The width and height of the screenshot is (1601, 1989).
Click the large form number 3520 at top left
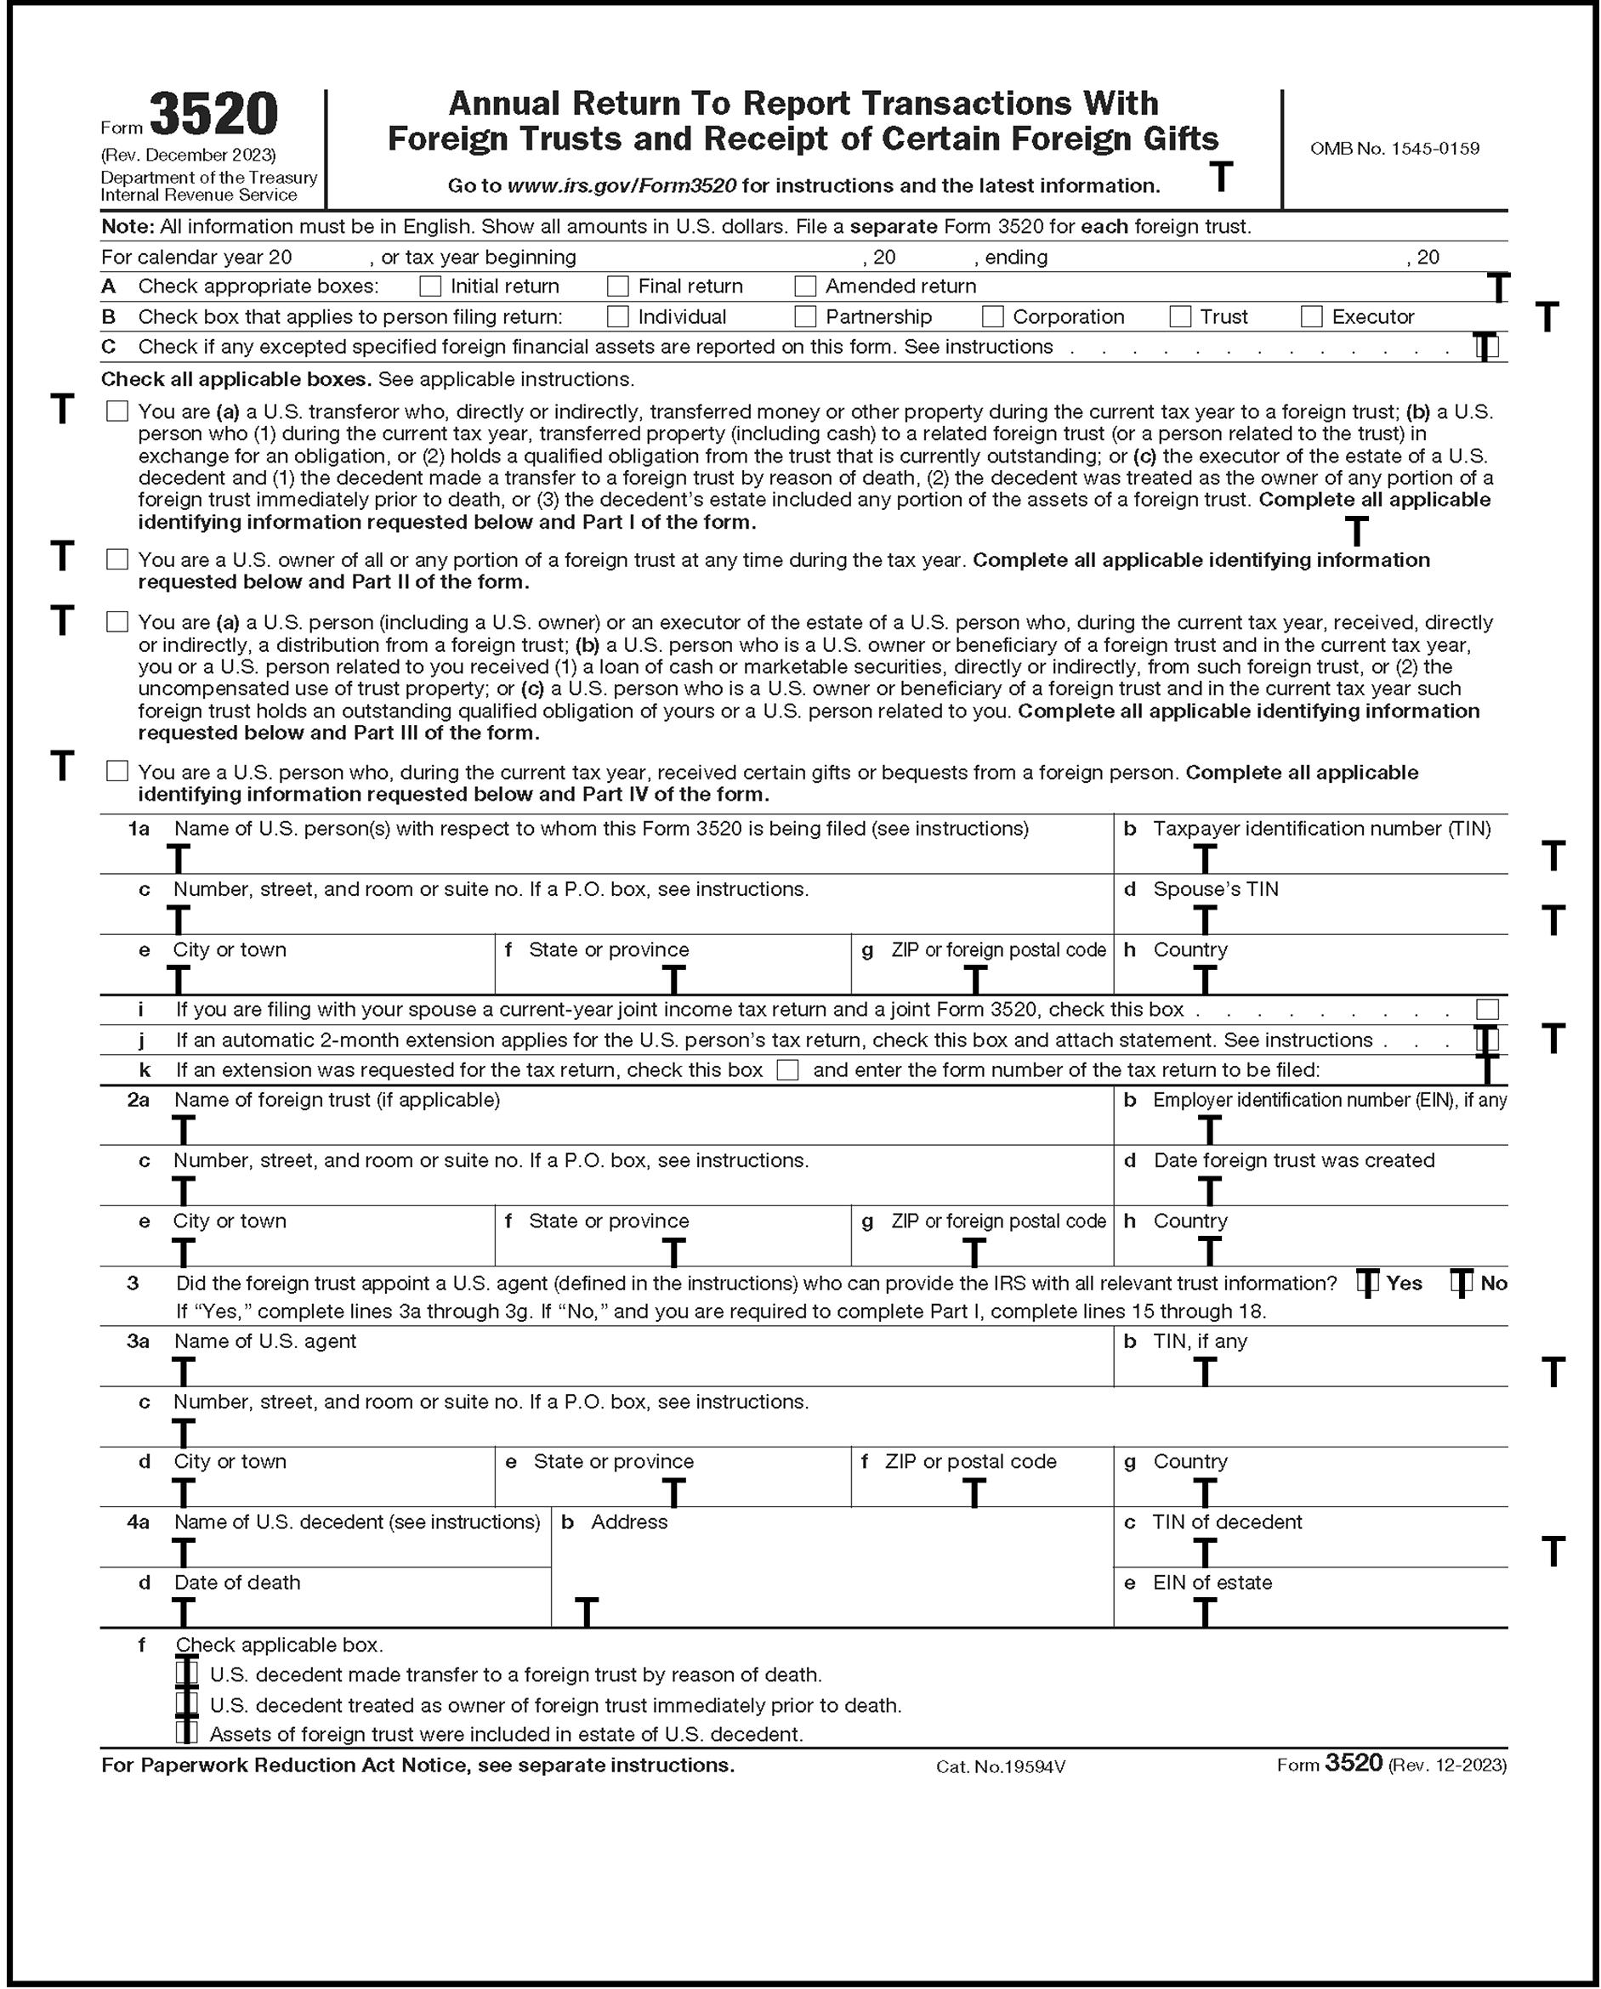[x=213, y=116]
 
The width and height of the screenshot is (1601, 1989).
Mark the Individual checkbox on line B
[x=617, y=317]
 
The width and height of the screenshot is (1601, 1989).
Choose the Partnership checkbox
[x=805, y=317]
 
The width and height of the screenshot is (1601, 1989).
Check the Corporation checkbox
[x=993, y=317]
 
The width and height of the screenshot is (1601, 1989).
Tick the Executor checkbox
[x=1311, y=317]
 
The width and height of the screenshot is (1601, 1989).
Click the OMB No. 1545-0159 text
[x=1394, y=149]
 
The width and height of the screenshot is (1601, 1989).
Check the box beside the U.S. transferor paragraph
[x=117, y=411]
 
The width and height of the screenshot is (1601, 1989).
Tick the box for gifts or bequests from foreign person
[x=117, y=771]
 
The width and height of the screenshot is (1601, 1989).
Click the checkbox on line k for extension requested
[x=787, y=1070]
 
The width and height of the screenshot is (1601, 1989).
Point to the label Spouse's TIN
[x=1215, y=889]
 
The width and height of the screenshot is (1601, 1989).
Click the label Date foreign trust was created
[x=1294, y=1160]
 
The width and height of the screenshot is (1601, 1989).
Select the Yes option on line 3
[x=1369, y=1283]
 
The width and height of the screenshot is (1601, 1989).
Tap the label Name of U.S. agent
[x=264, y=1341]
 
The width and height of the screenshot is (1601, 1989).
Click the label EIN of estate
[x=1212, y=1582]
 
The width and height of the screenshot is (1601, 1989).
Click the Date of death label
[x=237, y=1582]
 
